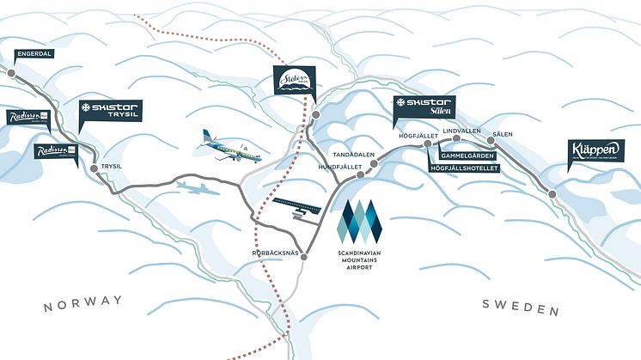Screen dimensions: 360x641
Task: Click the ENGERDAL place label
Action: pos(35,52)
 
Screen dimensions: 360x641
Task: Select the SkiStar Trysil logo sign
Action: pos(109,111)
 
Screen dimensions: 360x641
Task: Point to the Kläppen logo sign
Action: pos(595,150)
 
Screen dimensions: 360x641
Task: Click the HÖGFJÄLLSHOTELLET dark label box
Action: pos(463,168)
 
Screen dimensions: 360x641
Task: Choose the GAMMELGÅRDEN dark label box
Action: pos(469,156)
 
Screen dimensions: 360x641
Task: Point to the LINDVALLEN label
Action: pos(461,131)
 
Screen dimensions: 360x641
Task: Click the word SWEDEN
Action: pos(521,307)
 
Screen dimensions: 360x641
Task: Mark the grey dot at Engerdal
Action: pos(11,74)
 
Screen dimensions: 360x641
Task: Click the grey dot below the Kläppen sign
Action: pos(552,194)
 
